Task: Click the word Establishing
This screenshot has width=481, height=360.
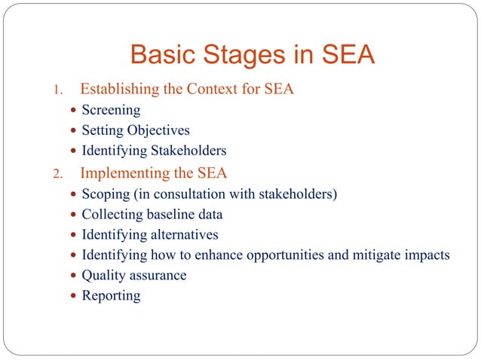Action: pyautogui.click(x=119, y=90)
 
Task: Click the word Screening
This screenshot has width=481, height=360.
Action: pyautogui.click(x=111, y=110)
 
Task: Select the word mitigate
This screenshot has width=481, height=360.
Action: pyautogui.click(x=368, y=255)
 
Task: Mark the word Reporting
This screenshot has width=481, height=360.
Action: pyautogui.click(x=111, y=295)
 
